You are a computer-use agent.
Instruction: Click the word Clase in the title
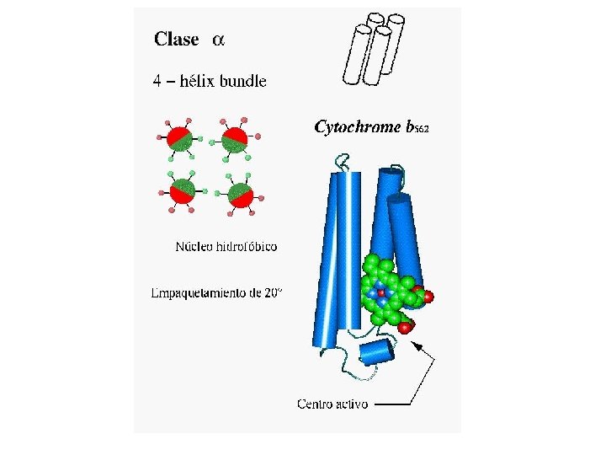176,40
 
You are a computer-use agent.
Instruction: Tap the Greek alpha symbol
218,40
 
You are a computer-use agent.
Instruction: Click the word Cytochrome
358,127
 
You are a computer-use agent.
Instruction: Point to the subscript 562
421,130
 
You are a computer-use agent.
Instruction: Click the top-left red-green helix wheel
178,139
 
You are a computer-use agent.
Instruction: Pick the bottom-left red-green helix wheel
181,192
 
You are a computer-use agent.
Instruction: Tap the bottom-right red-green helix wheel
241,195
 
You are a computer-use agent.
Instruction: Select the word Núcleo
194,247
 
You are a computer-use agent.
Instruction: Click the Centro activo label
332,404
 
